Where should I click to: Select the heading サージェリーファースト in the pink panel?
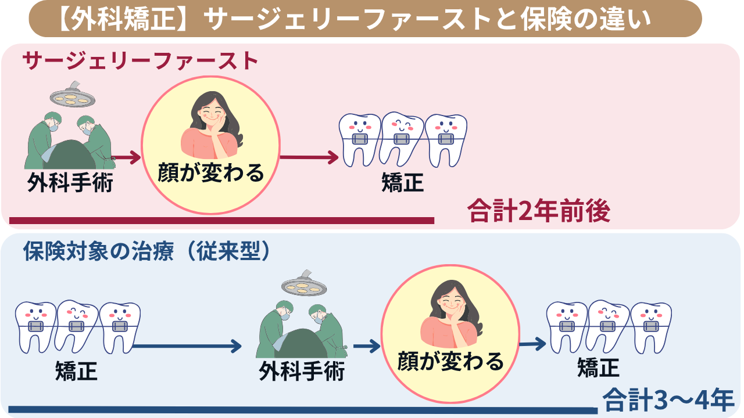[139, 61]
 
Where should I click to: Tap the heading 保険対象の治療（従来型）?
[148, 251]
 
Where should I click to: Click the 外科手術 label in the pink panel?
[70, 183]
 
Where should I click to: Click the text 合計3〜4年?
[668, 400]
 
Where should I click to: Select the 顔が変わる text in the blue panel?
[450, 362]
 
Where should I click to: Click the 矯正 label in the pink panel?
[402, 183]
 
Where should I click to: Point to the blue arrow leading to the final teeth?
[532, 345]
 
